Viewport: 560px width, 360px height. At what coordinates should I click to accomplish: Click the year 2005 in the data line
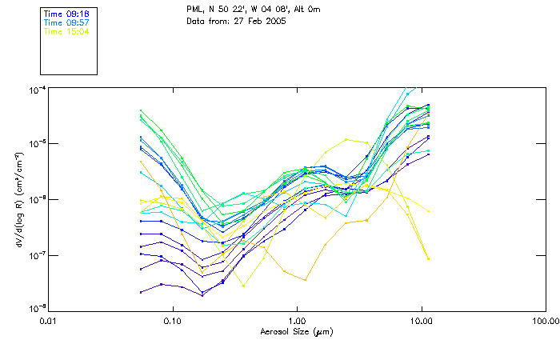point(274,20)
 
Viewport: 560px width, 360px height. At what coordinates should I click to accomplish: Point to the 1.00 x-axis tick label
point(297,321)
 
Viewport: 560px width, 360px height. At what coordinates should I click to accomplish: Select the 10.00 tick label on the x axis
point(421,321)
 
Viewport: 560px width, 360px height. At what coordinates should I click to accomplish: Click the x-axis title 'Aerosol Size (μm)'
point(296,331)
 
